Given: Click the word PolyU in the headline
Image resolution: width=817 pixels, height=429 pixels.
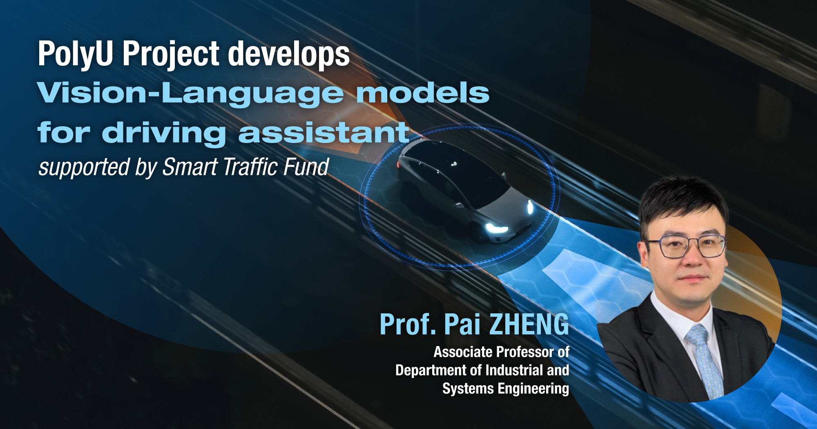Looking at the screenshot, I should tap(76, 54).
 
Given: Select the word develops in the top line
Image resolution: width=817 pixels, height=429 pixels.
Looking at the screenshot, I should tap(288, 54).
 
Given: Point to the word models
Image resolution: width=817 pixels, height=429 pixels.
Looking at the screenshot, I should tap(423, 93).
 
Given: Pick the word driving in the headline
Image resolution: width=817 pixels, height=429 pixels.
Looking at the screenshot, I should tap(163, 133).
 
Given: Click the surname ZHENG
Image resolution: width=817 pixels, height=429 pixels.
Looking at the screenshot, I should tap(529, 324).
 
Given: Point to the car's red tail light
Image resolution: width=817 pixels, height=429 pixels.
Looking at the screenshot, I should tap(398, 164).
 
